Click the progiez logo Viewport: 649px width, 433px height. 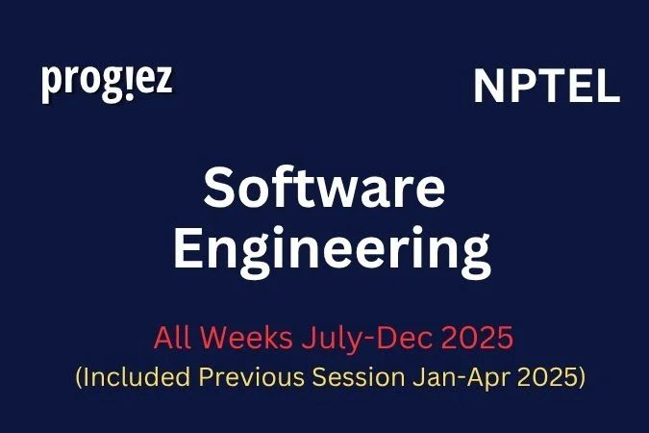coord(107,83)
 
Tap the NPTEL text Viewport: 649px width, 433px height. coord(546,88)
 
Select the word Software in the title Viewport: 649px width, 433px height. coord(324,190)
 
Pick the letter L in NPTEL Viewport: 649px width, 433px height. coord(608,88)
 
